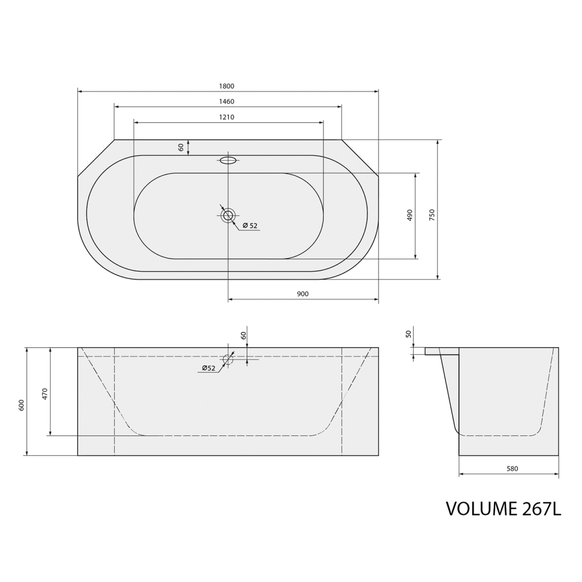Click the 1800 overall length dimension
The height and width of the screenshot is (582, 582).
[226, 86]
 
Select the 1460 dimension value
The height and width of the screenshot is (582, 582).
[226, 101]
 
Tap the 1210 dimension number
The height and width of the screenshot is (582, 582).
[226, 117]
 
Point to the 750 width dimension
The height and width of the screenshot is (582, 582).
[431, 215]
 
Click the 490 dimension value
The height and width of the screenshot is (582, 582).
[410, 215]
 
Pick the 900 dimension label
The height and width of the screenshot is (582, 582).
[303, 294]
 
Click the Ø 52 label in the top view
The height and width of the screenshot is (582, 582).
[250, 226]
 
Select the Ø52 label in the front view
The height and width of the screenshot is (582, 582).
[209, 368]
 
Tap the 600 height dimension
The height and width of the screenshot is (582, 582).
[21, 405]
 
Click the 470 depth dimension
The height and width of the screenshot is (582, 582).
[44, 393]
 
